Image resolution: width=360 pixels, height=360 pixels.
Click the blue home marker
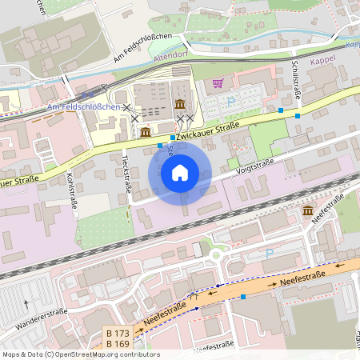(180, 173)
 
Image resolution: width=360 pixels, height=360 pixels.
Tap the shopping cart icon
(218, 82)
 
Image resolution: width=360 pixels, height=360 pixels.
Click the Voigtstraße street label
(255, 166)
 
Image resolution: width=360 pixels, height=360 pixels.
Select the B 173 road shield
(118, 333)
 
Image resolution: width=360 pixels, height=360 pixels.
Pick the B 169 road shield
(118, 344)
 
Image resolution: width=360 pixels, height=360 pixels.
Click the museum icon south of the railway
(308, 210)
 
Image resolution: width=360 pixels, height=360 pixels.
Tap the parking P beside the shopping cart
(232, 101)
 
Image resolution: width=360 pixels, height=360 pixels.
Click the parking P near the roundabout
(269, 254)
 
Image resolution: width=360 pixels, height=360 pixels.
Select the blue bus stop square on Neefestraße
(243, 296)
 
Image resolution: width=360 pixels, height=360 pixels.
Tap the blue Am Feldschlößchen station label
(84, 107)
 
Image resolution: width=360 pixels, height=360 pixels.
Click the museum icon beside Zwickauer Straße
(146, 131)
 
